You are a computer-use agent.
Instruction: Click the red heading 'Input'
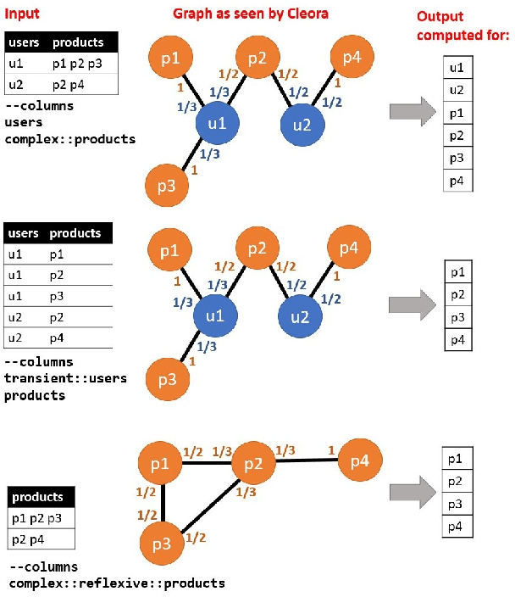[22, 14]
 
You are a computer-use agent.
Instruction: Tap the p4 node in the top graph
[351, 57]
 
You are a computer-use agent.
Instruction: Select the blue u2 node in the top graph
[302, 124]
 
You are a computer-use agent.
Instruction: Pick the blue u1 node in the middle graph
[215, 317]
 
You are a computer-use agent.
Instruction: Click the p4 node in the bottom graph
[359, 462]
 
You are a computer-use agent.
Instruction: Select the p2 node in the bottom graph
[253, 462]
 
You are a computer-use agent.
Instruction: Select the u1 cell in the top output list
[457, 68]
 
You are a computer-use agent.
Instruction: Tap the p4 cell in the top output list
[457, 180]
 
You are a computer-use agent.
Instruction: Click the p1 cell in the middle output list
[457, 272]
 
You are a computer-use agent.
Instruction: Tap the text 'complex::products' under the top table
[69, 138]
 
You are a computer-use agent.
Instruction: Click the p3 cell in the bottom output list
[456, 505]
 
